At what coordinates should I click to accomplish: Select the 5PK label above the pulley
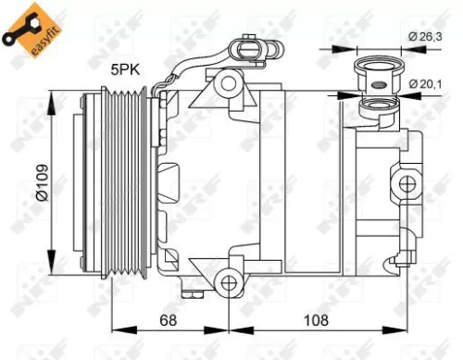pyautogui.click(x=127, y=68)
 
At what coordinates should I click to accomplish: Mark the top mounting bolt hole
pyautogui.click(x=227, y=83)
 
